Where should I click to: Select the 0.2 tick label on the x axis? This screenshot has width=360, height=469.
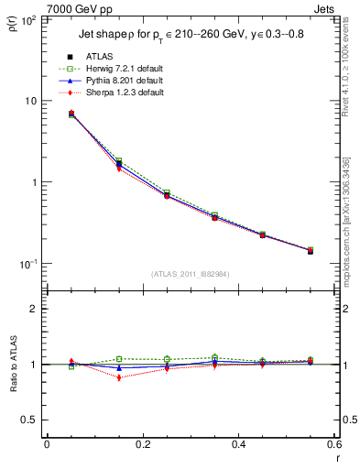pos(142,444)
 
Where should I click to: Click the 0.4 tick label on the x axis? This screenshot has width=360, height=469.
pos(238,444)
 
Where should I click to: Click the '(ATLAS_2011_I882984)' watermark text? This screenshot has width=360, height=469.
pos(191,273)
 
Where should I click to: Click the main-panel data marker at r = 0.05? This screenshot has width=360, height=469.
pos(71,114)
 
